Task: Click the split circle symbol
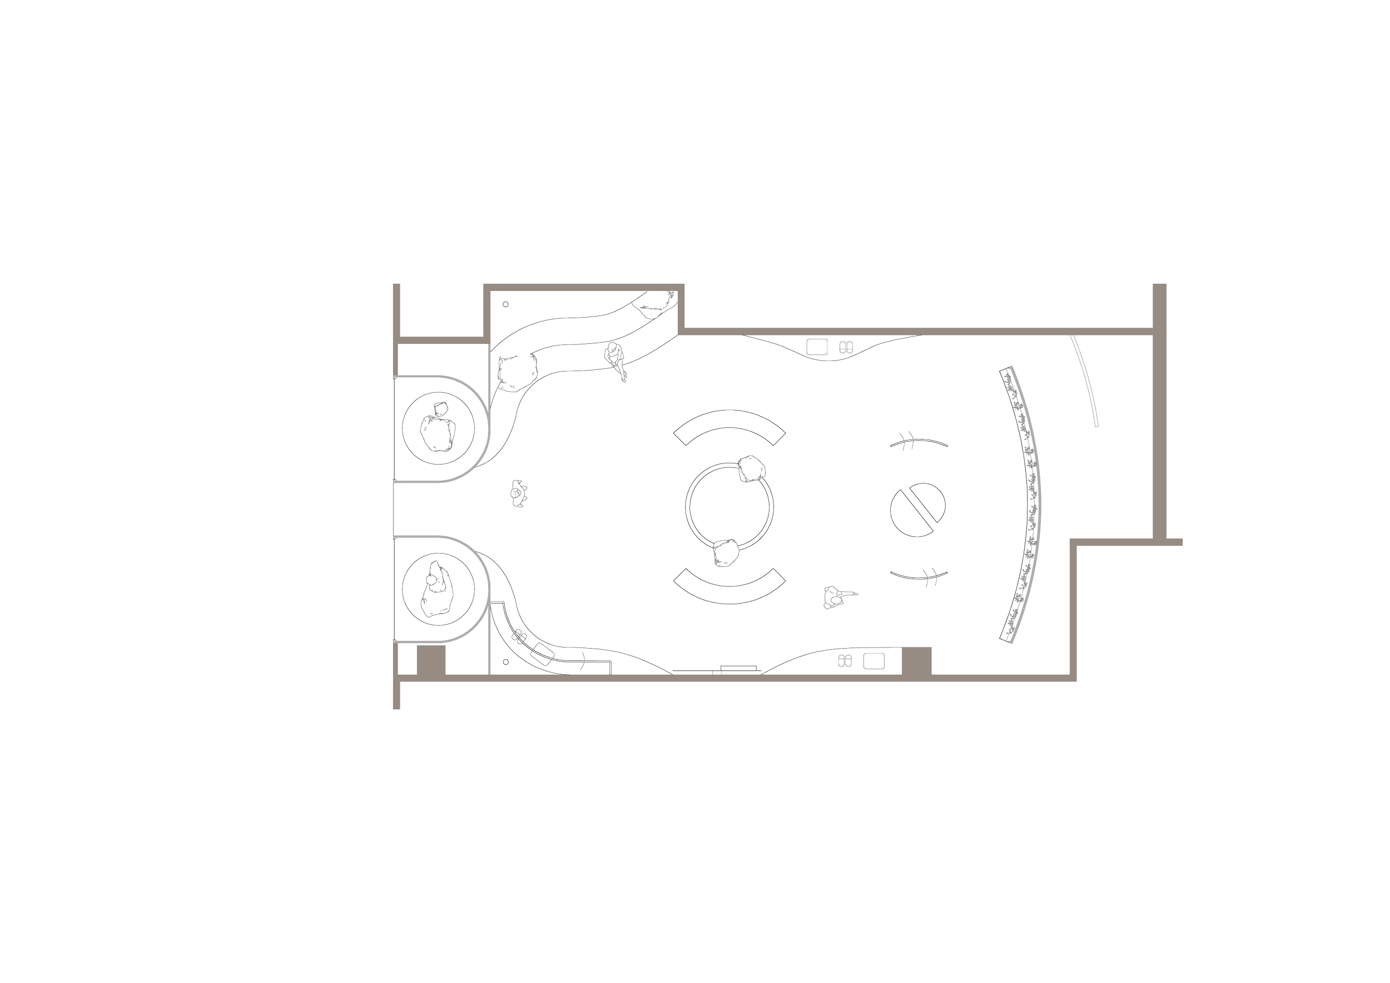tap(918, 510)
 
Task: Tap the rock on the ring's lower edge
tap(724, 554)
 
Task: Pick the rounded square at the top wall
tap(817, 347)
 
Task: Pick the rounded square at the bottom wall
tap(873, 661)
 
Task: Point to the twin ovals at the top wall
tap(846, 347)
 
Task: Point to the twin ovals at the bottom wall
tap(846, 661)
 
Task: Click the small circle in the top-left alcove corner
tap(506, 305)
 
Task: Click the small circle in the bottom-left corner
tap(505, 662)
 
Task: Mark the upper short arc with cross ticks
tap(918, 443)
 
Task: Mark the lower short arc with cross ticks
tap(918, 576)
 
